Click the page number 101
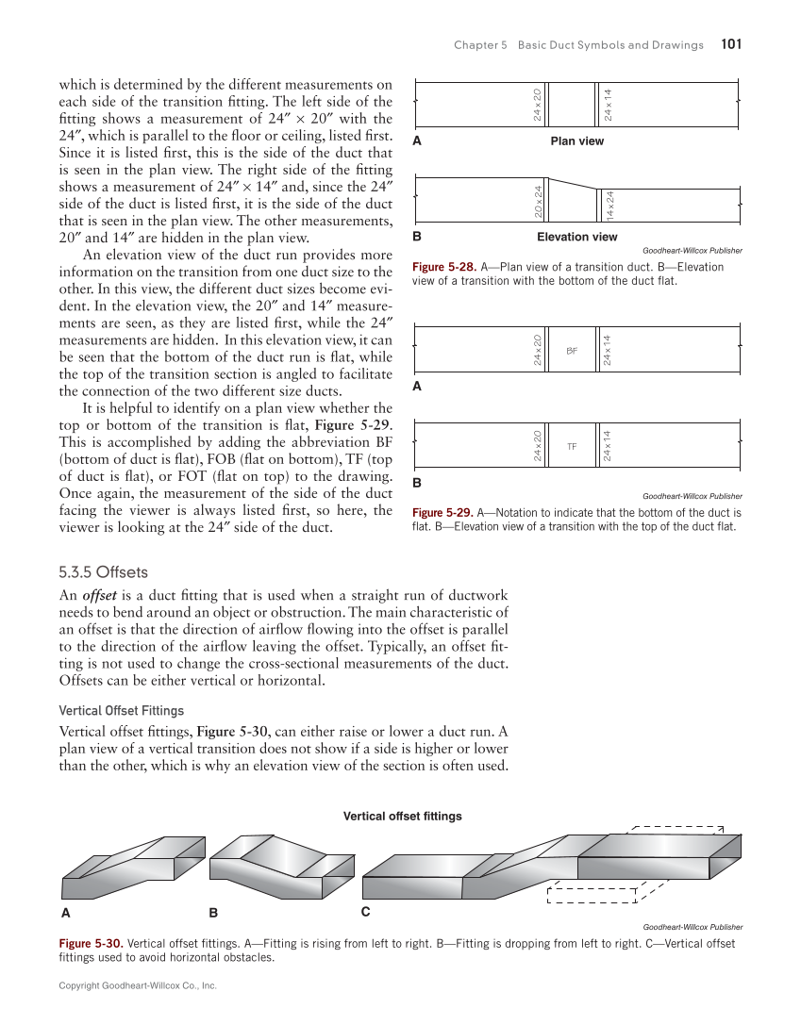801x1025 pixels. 731,44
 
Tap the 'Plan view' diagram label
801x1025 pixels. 576,141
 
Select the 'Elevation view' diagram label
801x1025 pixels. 576,237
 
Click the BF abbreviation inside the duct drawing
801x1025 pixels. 572,350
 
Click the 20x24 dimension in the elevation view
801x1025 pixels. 537,200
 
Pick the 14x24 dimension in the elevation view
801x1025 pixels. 609,205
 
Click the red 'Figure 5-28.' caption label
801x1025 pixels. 443,267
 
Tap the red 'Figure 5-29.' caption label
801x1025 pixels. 443,513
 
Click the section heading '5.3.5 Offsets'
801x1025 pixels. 103,572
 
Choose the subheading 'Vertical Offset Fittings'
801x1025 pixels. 121,710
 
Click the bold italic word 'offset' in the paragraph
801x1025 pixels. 101,595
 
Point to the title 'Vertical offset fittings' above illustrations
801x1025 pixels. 402,816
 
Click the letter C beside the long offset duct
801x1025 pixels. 366,912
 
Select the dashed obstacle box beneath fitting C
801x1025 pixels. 595,893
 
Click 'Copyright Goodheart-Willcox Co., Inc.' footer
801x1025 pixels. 138,985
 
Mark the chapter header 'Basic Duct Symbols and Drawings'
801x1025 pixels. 610,45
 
